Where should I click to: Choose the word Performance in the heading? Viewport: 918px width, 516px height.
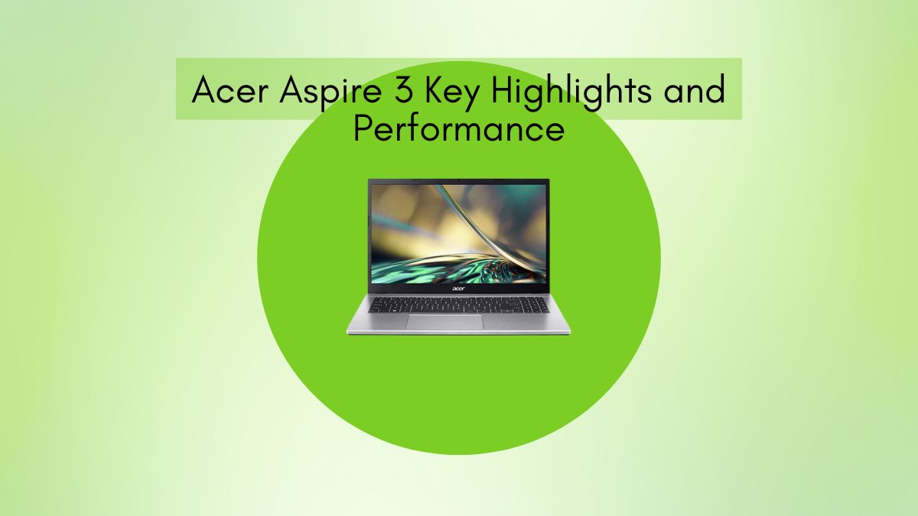(458, 129)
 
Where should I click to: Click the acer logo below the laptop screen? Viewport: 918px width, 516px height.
(458, 291)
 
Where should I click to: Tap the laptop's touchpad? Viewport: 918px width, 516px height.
(444, 321)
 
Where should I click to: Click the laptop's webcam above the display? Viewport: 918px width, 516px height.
(459, 182)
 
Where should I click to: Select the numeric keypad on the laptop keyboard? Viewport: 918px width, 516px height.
(532, 305)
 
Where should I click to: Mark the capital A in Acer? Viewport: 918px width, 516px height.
(203, 92)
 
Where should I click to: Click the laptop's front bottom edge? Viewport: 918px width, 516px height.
(458, 333)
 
